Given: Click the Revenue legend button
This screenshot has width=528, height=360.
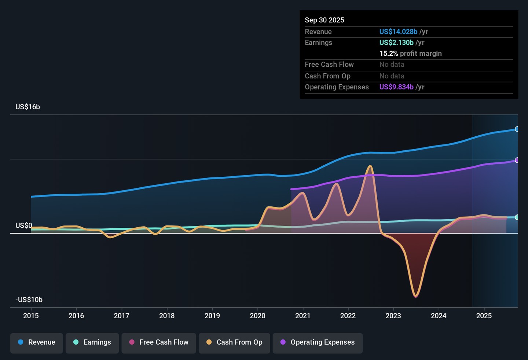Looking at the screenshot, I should tap(37, 342).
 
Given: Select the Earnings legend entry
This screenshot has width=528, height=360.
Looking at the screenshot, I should tap(92, 342).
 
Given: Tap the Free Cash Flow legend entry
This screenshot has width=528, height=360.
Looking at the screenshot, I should tap(159, 342).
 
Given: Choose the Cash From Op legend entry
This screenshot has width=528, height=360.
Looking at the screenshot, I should tap(234, 342).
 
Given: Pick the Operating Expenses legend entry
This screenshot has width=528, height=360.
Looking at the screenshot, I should tap(318, 342).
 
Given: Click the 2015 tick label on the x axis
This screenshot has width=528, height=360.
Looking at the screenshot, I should tap(31, 316).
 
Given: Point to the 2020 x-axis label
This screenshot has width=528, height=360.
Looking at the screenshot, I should tap(257, 316).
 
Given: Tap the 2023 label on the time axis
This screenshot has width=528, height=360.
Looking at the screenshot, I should tap(393, 316).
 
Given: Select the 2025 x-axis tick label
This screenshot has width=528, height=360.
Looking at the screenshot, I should tap(484, 316).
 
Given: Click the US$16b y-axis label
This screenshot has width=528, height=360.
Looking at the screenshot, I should tap(27, 107).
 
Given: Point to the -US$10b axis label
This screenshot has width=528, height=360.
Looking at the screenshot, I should tap(29, 300).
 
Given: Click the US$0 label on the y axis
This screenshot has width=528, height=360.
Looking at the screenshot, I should tap(24, 225).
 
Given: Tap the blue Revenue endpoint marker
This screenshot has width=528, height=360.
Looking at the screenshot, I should tap(517, 129).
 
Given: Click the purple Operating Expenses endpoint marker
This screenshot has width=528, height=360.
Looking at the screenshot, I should tap(517, 160).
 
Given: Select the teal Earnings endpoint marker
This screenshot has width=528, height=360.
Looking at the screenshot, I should tap(517, 217).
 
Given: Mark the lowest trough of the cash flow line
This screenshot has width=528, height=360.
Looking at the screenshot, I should tap(416, 295).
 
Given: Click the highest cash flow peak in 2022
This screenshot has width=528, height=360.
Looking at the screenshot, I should tap(370, 166).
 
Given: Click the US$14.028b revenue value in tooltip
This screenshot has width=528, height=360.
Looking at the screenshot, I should tap(398, 32).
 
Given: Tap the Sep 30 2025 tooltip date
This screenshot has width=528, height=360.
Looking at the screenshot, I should tap(324, 20).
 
